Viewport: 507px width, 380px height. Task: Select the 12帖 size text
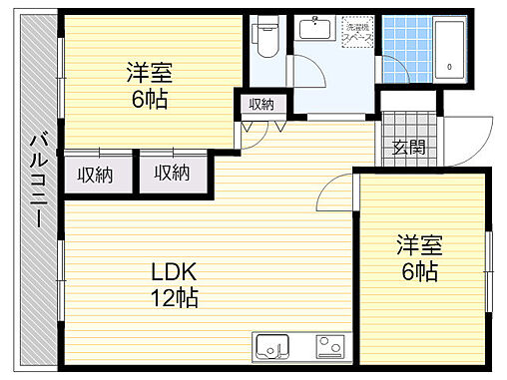174,296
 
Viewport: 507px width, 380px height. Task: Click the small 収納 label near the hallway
261,105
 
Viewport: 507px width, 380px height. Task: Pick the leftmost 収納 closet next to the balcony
96,175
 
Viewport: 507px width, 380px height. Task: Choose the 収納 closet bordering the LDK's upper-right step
171,175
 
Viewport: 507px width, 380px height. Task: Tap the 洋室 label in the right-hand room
419,245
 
